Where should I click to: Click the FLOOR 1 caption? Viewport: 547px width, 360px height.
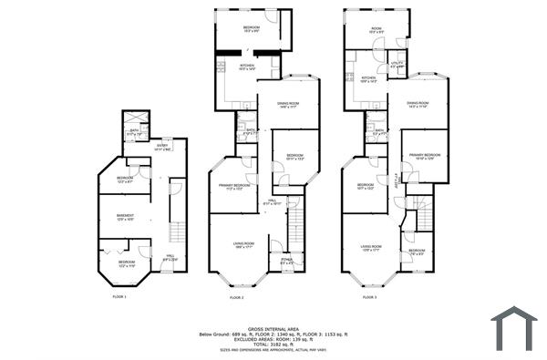(119, 297)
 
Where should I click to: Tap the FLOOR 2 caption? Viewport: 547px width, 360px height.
(236, 297)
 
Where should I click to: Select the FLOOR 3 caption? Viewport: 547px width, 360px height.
(370, 297)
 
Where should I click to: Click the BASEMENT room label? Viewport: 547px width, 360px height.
(125, 217)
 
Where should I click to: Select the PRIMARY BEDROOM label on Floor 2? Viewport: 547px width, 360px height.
(234, 187)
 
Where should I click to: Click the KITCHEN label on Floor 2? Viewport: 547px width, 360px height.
(247, 67)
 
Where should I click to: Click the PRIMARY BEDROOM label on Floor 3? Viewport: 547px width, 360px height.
(425, 157)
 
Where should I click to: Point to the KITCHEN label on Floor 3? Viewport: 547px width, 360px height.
(368, 80)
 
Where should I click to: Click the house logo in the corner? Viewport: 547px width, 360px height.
(514, 327)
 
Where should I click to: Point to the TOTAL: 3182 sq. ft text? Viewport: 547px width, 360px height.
(274, 343)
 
